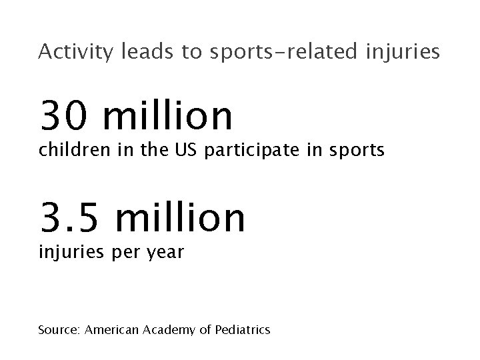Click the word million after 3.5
[179, 217]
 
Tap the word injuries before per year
[69, 254]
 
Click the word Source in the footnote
[58, 329]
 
